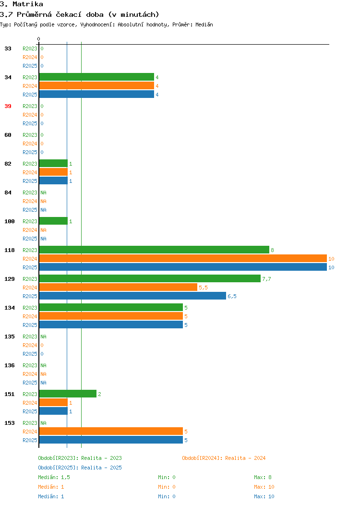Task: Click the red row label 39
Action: click(x=8, y=106)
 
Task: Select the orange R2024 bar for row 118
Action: click(x=183, y=259)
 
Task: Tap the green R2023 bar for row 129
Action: click(x=150, y=278)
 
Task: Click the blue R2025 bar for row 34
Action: click(x=96, y=95)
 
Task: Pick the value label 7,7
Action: click(x=266, y=279)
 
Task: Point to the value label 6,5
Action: click(x=232, y=296)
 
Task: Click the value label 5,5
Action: click(x=203, y=288)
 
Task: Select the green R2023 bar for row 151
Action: click(x=68, y=394)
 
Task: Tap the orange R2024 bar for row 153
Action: click(x=111, y=431)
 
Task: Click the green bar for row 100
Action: click(x=53, y=221)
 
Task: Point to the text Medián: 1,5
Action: click(x=54, y=477)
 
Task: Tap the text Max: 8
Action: click(x=263, y=477)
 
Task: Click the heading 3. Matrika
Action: click(x=22, y=4)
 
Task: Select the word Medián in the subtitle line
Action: click(x=204, y=24)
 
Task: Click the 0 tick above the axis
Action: click(x=39, y=39)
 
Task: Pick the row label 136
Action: click(x=9, y=365)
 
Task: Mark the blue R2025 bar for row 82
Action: click(x=53, y=180)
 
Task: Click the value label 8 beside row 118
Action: click(x=273, y=250)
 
